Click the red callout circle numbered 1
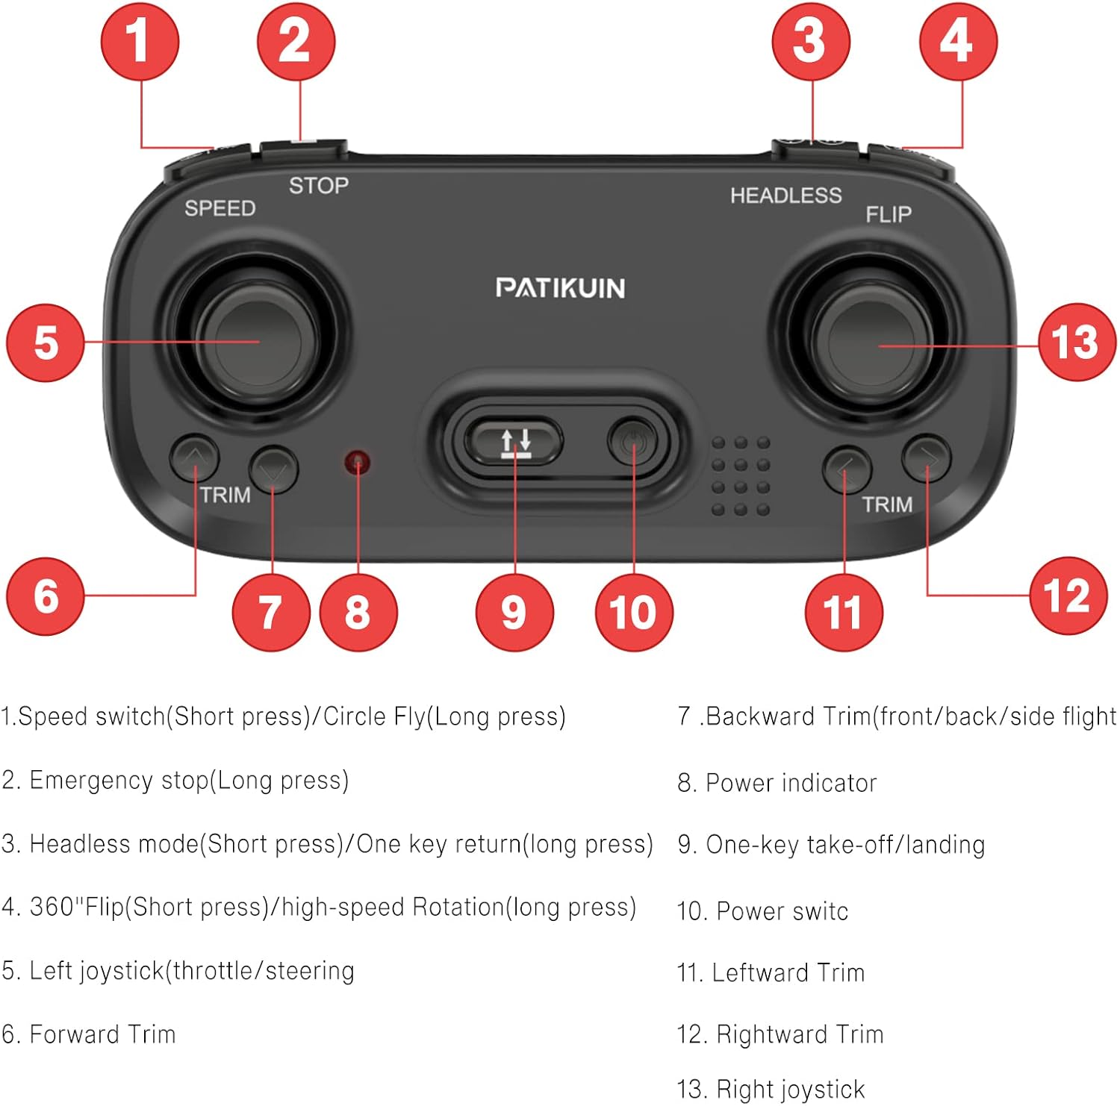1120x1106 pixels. (140, 41)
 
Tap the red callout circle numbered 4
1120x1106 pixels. (958, 41)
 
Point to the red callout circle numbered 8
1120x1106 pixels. (358, 612)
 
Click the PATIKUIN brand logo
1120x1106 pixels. (560, 288)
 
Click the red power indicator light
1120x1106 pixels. (358, 463)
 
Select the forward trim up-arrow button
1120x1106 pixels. (194, 457)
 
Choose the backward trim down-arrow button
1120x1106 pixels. (273, 469)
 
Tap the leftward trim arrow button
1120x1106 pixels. (846, 469)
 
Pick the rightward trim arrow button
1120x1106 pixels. (926, 457)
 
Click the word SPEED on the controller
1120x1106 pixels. (220, 208)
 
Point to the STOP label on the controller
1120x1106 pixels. (319, 185)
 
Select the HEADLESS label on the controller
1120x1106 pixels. (785, 196)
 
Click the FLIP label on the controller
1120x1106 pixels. (889, 215)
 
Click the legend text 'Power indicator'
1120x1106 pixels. (791, 783)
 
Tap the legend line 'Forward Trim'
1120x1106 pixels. (102, 1034)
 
